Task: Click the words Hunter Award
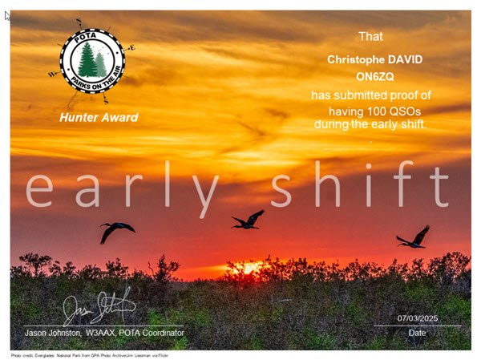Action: (99, 118)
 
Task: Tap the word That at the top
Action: (370, 36)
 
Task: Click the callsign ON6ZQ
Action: (371, 77)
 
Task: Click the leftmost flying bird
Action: (116, 231)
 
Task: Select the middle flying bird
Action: (248, 220)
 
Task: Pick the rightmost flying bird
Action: (414, 237)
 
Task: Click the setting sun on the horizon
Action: (250, 268)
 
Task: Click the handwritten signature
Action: (99, 308)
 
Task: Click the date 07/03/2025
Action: (417, 319)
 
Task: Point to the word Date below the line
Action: (417, 332)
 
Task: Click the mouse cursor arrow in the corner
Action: (8, 15)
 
